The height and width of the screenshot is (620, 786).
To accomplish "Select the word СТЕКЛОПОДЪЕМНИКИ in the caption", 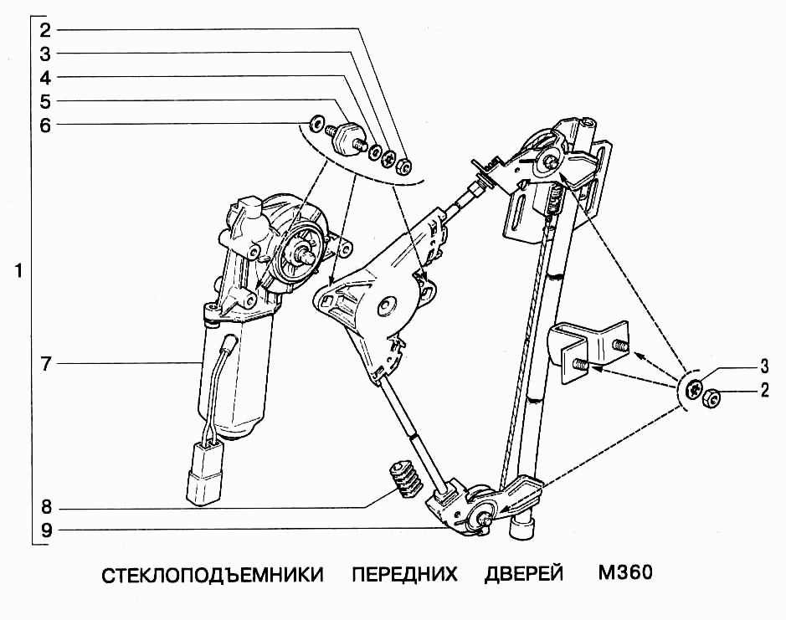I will [213, 576].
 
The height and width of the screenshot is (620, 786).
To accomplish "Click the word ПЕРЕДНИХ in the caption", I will [404, 576].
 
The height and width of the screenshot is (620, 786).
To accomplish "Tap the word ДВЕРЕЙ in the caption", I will [523, 576].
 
